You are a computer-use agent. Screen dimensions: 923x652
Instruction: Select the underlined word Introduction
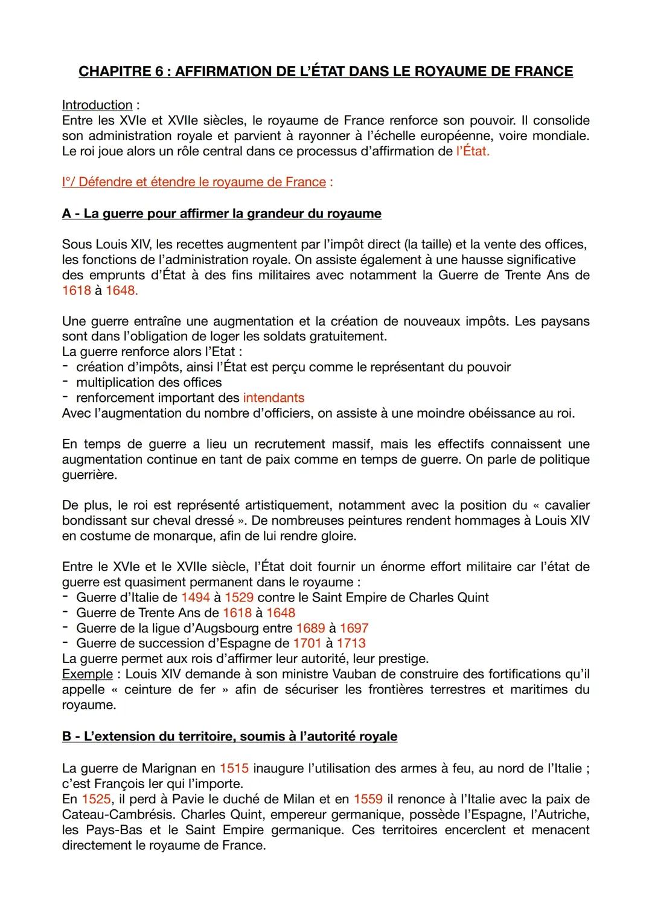[x=97, y=105]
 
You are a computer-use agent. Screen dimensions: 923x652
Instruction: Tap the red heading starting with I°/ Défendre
[x=194, y=182]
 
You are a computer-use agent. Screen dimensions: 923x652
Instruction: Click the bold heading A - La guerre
[x=222, y=213]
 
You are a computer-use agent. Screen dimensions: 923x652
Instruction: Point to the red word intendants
[x=273, y=398]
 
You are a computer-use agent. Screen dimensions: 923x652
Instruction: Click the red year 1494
[x=195, y=598]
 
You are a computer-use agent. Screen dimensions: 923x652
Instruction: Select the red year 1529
[x=239, y=598]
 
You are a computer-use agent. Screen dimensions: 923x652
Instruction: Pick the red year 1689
[x=310, y=629]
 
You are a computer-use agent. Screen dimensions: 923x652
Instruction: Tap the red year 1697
[x=354, y=629]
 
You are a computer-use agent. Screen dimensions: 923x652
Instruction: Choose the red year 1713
[x=351, y=644]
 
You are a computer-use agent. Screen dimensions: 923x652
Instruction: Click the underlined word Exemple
[x=87, y=674]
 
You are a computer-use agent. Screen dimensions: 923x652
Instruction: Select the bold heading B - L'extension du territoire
[x=229, y=736]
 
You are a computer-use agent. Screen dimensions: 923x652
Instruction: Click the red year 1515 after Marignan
[x=234, y=768]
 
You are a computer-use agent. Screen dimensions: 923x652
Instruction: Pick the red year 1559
[x=368, y=799]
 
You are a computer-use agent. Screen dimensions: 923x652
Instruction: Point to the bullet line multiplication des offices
[x=149, y=383]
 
